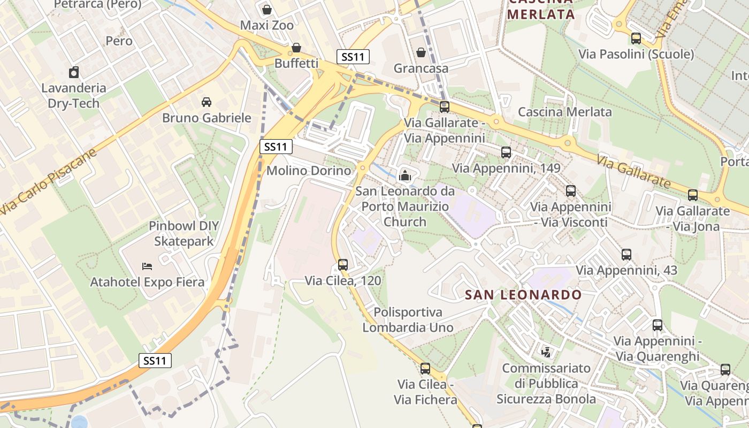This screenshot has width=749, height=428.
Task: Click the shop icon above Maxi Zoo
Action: [266, 10]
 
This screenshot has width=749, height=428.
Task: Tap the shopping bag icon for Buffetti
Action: [295, 48]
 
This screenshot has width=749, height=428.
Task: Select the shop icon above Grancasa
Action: [421, 52]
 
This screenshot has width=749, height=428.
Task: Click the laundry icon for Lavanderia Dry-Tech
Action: [74, 72]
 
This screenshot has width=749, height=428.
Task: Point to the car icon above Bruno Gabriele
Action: [206, 102]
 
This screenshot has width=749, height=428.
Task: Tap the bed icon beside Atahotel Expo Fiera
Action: [147, 266]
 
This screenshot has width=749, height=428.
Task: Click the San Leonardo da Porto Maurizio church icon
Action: [405, 175]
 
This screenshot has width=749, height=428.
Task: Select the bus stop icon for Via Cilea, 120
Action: [343, 264]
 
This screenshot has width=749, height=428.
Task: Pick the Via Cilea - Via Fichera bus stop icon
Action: [425, 368]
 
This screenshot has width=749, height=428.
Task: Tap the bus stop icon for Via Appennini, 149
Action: [506, 152]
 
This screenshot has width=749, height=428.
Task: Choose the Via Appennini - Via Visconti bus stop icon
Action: [571, 191]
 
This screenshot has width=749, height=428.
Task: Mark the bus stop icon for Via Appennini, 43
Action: [626, 255]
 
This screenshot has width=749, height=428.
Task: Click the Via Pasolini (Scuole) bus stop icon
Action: [636, 39]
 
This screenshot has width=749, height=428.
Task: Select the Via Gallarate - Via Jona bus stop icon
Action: [693, 195]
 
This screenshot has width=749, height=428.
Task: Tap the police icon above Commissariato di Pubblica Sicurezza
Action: [546, 352]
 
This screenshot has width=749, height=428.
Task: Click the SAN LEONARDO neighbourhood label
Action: [523, 295]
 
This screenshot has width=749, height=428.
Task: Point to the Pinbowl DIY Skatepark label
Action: [184, 234]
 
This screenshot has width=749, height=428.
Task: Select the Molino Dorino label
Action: [309, 171]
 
